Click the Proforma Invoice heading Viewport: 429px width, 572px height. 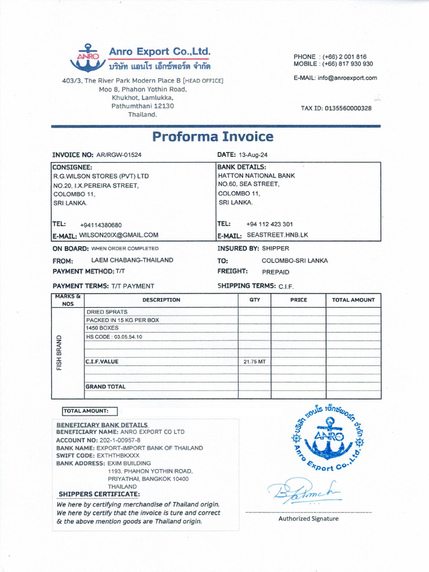tap(213, 137)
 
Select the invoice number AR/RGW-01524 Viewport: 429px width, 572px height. tap(119, 155)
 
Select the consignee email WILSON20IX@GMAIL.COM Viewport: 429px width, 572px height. tap(118, 235)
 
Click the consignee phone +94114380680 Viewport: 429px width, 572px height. tap(101, 225)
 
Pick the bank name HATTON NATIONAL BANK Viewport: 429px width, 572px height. tap(256, 175)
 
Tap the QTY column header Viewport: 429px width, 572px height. tap(254, 300)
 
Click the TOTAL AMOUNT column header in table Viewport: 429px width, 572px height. tap(353, 300)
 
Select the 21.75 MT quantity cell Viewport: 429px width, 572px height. tap(254, 362)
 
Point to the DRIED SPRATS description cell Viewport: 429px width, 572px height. tap(107, 312)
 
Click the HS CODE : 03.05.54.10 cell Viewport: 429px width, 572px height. tap(114, 337)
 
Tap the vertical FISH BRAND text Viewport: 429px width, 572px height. tap(59, 353)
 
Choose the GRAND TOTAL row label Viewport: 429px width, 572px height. tap(105, 387)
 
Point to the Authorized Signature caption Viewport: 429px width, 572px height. tap(308, 518)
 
